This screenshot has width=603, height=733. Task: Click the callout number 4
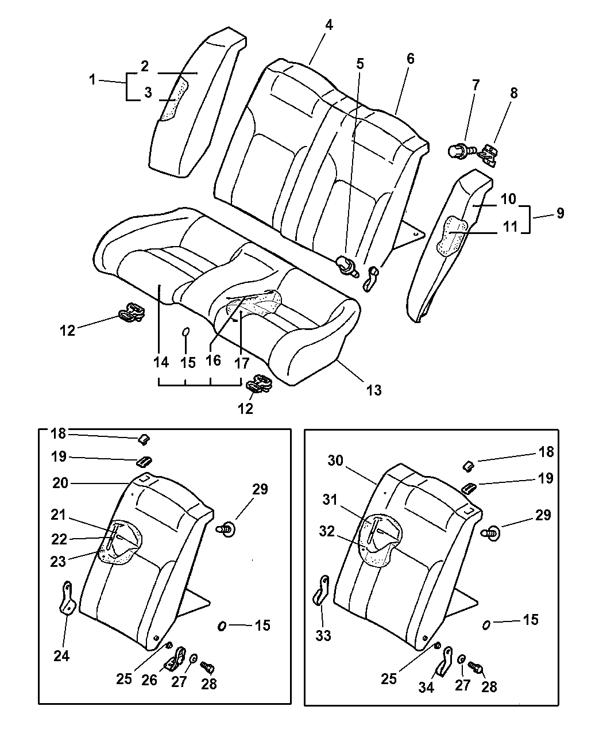tap(329, 25)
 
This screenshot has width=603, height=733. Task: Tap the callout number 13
tap(373, 390)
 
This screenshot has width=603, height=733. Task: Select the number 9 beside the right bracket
tap(560, 213)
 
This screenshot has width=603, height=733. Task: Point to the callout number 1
tap(92, 80)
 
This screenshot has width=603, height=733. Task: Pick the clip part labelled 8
tap(488, 154)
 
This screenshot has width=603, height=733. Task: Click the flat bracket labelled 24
tap(68, 598)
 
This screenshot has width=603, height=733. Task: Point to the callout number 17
tap(242, 363)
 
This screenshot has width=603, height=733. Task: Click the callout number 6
tap(410, 59)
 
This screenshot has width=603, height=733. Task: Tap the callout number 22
tap(60, 539)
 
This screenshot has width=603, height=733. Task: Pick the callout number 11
tap(509, 227)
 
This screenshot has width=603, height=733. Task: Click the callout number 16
tap(213, 360)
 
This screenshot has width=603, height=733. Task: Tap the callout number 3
tap(148, 93)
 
